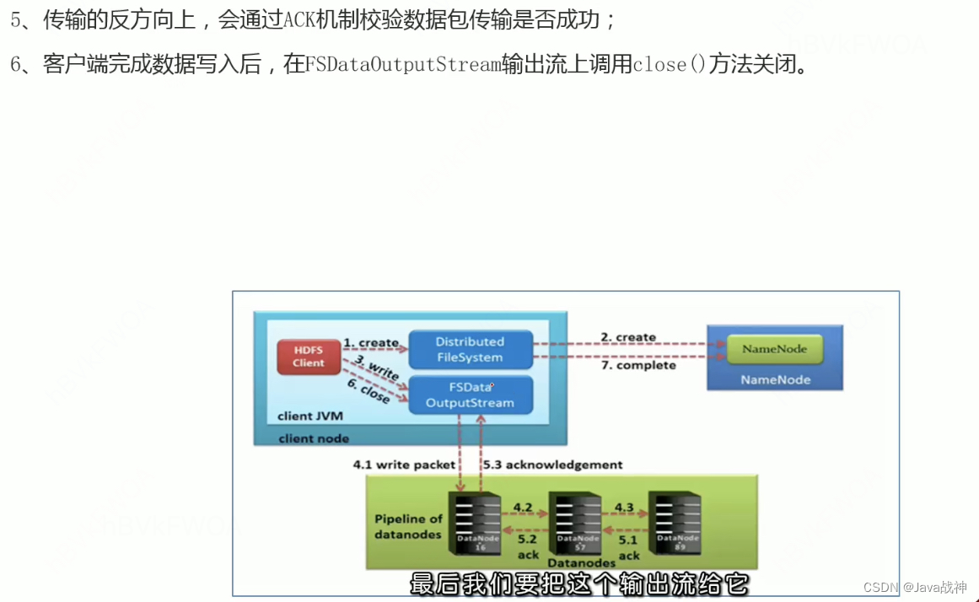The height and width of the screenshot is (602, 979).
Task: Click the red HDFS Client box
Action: pyautogui.click(x=308, y=356)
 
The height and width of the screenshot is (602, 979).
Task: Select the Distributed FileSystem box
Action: pyautogui.click(x=470, y=349)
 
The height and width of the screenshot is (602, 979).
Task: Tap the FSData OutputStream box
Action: pyautogui.click(x=470, y=395)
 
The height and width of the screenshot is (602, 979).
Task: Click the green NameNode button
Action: pyautogui.click(x=774, y=349)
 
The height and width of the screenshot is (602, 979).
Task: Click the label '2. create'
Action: pyautogui.click(x=627, y=337)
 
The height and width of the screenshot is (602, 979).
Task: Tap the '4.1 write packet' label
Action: pyautogui.click(x=404, y=465)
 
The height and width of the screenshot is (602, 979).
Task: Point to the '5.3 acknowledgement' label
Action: pyautogui.click(x=552, y=465)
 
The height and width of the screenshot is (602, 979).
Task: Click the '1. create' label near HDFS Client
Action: pyautogui.click(x=370, y=342)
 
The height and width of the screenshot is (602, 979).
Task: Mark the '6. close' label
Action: pyautogui.click(x=369, y=391)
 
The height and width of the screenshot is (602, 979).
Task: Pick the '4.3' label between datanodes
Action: pyautogui.click(x=623, y=508)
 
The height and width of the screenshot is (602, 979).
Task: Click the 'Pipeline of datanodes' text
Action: pyautogui.click(x=408, y=526)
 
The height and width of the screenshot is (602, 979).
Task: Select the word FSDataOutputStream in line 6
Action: pyautogui.click(x=403, y=64)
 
